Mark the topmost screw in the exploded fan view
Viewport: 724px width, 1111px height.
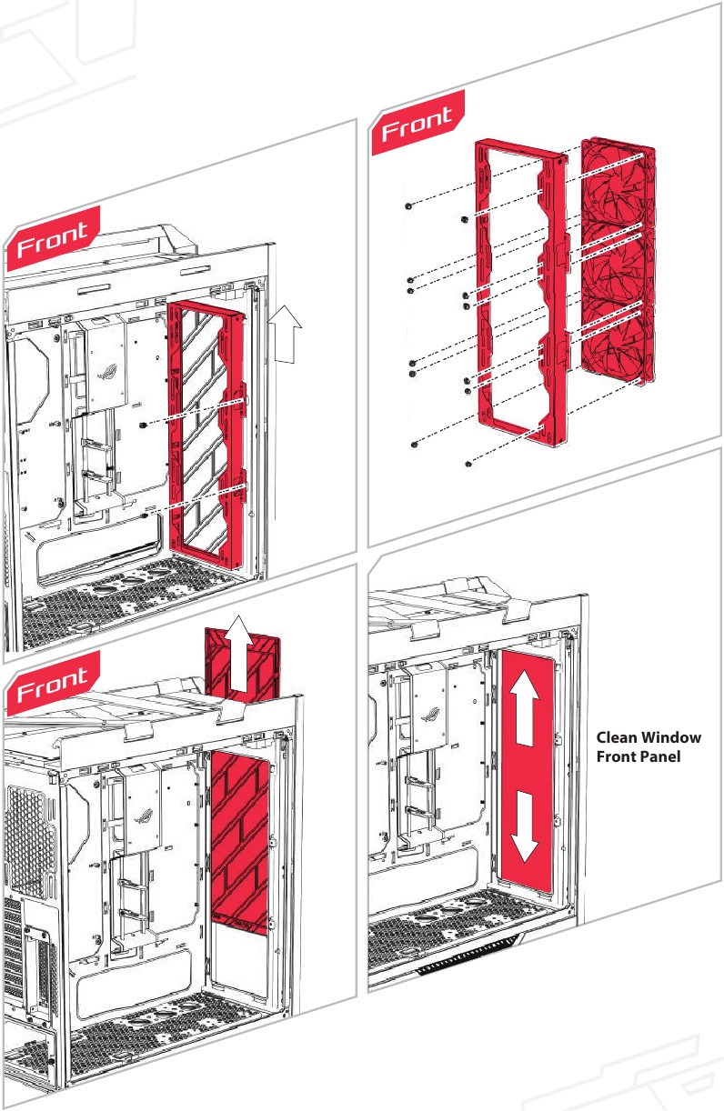pyautogui.click(x=408, y=206)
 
